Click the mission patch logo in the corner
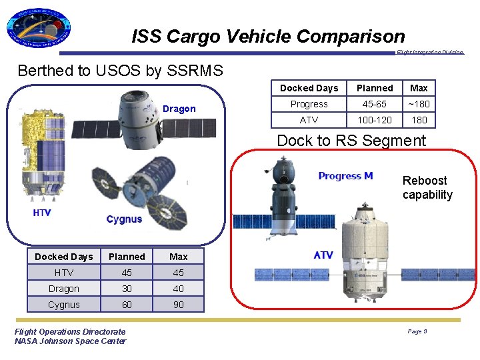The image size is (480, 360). (x=38, y=30)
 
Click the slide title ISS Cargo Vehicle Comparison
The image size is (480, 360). (x=268, y=36)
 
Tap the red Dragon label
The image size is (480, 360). (x=179, y=109)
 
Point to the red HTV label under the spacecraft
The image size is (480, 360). (x=42, y=213)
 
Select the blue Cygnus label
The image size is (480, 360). (x=124, y=219)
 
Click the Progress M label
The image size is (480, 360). (x=345, y=176)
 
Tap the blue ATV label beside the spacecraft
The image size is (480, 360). (x=323, y=255)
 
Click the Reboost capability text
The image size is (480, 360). (x=427, y=188)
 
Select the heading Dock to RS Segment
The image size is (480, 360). (x=351, y=141)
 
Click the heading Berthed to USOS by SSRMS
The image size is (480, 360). (x=121, y=71)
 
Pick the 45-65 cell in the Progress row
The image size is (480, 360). (x=375, y=104)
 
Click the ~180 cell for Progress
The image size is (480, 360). (x=419, y=104)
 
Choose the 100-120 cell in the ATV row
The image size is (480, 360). (x=375, y=120)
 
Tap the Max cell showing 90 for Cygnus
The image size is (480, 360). (x=179, y=305)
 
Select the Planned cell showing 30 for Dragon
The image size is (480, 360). (x=127, y=289)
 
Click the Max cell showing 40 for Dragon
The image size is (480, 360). (x=179, y=289)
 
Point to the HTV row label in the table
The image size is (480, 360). (x=64, y=273)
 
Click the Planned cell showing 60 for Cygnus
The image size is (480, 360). (x=127, y=305)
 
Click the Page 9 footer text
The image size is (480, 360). (x=417, y=331)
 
